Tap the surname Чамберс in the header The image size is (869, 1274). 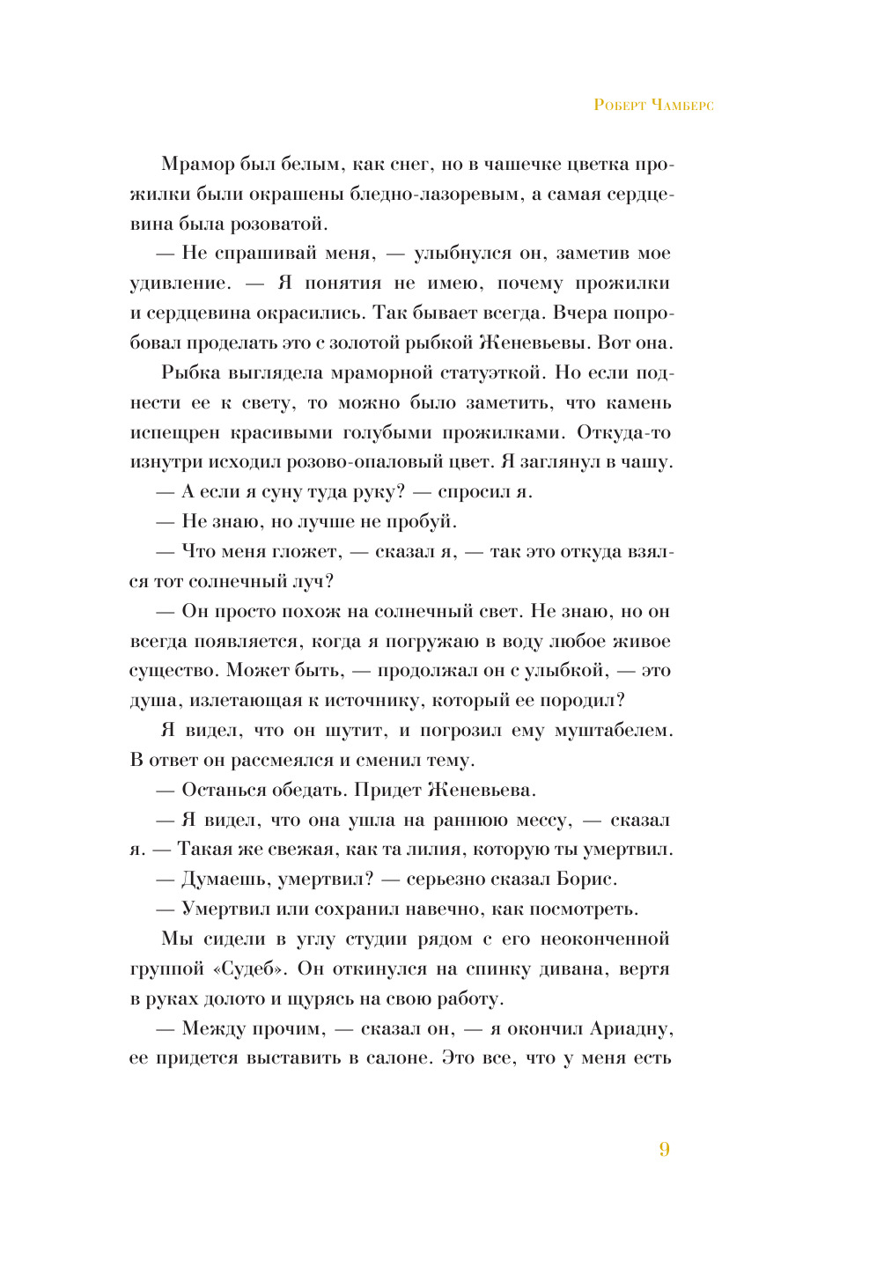[x=684, y=106]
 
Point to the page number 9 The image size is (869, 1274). [x=664, y=1150]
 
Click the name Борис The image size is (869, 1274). [x=586, y=880]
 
